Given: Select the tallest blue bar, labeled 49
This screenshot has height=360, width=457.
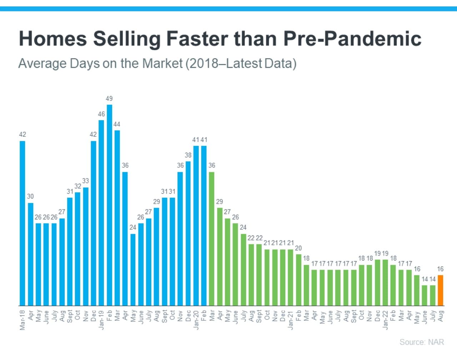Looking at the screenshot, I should (109, 205).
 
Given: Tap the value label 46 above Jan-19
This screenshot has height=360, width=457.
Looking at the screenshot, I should (101, 114).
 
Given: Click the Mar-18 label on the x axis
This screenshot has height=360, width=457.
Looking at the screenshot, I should (22, 320).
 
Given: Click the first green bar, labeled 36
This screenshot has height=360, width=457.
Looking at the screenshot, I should (212, 239).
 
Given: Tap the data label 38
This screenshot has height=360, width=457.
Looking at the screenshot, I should (188, 155).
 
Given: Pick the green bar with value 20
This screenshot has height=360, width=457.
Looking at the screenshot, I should (298, 280).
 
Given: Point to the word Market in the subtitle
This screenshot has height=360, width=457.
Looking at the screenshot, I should (162, 64).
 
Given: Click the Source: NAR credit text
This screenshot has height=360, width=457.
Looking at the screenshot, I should (422, 342).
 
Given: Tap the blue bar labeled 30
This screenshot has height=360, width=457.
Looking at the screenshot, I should (31, 254).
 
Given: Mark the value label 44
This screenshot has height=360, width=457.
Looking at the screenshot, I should (117, 125).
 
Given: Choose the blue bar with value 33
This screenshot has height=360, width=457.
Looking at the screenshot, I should (86, 246).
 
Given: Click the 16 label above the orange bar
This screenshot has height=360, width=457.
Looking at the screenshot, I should (440, 269).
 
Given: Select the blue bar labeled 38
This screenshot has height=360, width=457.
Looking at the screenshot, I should (188, 233).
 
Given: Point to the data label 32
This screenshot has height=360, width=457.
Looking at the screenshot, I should (78, 186).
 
